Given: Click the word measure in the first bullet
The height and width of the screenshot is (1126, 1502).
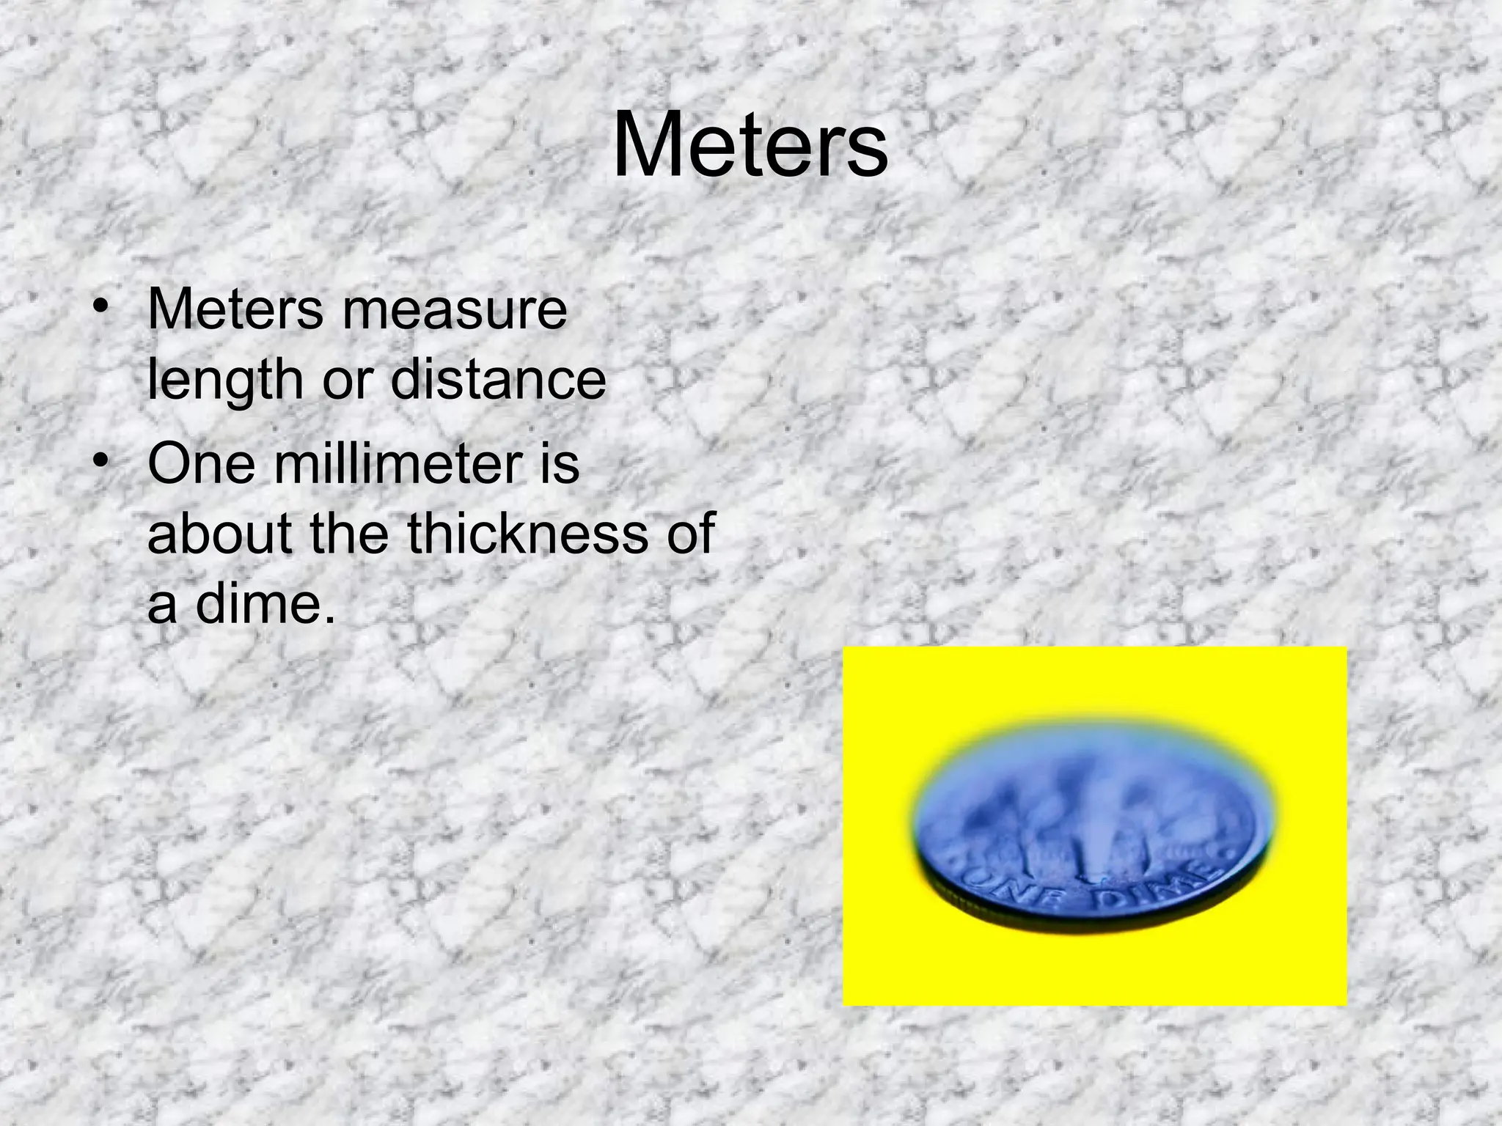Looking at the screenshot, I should (454, 311).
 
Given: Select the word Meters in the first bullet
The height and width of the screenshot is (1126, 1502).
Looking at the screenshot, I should (235, 311).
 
